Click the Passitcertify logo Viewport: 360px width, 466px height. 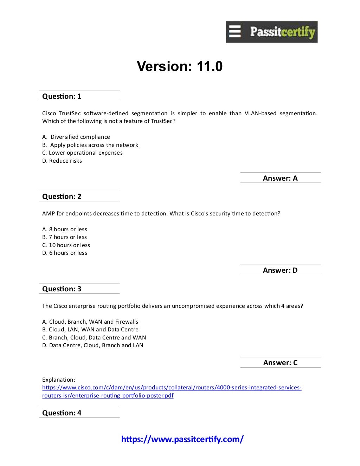pyautogui.click(x=271, y=32)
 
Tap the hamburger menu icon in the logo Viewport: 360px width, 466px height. pyautogui.click(x=235, y=32)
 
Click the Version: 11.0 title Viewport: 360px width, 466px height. pyautogui.click(x=180, y=66)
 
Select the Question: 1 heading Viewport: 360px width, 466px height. pyautogui.click(x=62, y=96)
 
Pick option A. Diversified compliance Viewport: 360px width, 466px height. pyautogui.click(x=76, y=137)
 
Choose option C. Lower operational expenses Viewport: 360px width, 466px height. pyautogui.click(x=82, y=153)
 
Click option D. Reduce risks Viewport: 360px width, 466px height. pyautogui.click(x=62, y=161)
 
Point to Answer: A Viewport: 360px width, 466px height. pyautogui.click(x=280, y=178)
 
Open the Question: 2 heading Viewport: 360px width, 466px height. pyautogui.click(x=62, y=196)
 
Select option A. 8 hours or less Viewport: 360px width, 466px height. pyautogui.click(x=65, y=229)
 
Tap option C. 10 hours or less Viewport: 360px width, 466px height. pyautogui.click(x=66, y=245)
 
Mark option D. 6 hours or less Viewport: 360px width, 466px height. pyautogui.click(x=65, y=253)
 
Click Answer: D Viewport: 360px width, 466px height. pyautogui.click(x=280, y=270)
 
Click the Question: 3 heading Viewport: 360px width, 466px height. pyautogui.click(x=62, y=289)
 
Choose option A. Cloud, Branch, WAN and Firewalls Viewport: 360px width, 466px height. pyautogui.click(x=90, y=322)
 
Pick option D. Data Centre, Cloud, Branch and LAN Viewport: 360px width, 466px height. pyautogui.click(x=93, y=345)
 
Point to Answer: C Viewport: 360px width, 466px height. pyautogui.click(x=280, y=363)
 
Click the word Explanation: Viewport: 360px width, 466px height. pyautogui.click(x=58, y=380)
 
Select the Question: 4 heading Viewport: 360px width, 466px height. pyautogui.click(x=62, y=413)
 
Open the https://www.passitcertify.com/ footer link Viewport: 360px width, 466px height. pyautogui.click(x=182, y=439)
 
